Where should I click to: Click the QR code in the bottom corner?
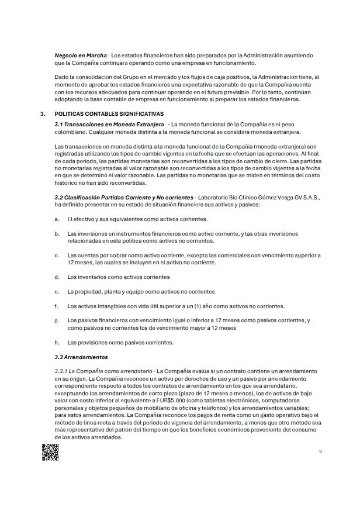(x=50, y=453)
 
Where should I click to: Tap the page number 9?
(x=320, y=450)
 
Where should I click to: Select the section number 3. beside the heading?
(x=40, y=113)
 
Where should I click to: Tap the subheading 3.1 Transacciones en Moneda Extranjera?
(x=108, y=124)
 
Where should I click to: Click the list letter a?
(x=56, y=219)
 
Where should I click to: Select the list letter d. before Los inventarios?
(x=56, y=277)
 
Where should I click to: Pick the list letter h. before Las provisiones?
(x=56, y=342)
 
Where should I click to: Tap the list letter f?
(x=56, y=306)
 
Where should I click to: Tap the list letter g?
(x=56, y=320)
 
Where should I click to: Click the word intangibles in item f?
(x=110, y=306)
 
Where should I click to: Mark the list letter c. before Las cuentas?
(x=56, y=255)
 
